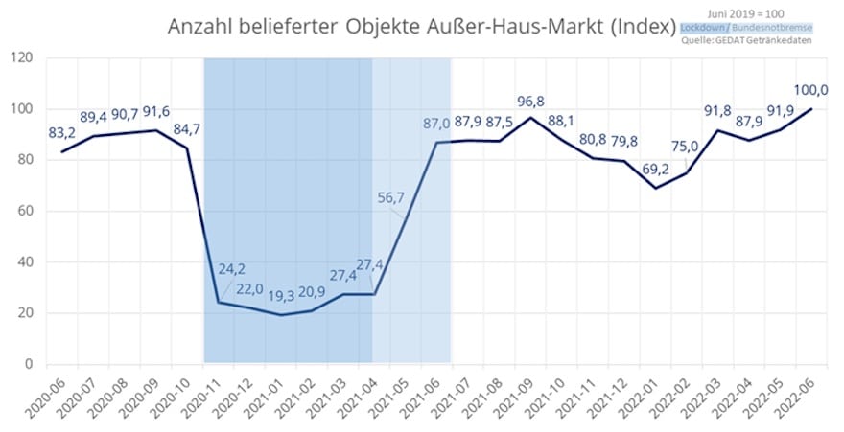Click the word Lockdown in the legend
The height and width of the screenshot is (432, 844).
click(702, 28)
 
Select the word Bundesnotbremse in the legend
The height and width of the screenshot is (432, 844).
click(773, 28)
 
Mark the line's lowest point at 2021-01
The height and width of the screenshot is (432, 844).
click(280, 315)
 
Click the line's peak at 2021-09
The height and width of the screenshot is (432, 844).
click(530, 118)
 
